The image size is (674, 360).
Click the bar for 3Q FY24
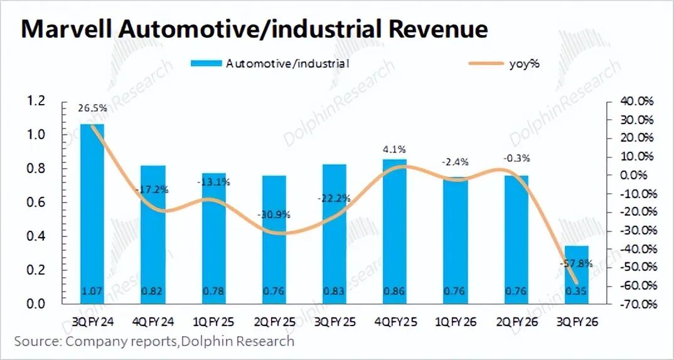tap(92, 213)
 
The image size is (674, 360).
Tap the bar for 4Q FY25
tap(395, 231)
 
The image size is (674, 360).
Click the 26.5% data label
tap(92, 109)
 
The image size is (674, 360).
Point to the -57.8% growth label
tap(576, 264)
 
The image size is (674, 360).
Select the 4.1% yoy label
tap(395, 150)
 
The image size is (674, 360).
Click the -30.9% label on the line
tap(273, 214)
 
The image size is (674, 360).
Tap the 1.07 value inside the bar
tap(92, 291)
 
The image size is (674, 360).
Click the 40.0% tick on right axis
tap(637, 101)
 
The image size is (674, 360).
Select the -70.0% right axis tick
tap(637, 304)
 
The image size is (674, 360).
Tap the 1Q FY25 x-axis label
tap(213, 322)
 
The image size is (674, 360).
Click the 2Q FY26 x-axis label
tap(516, 322)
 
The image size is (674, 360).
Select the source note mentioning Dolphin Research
tap(154, 342)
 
